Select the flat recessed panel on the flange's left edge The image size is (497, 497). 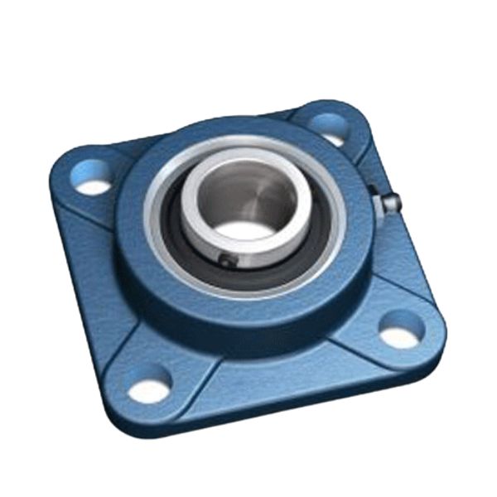(x=83, y=265)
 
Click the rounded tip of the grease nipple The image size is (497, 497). (x=395, y=200)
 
